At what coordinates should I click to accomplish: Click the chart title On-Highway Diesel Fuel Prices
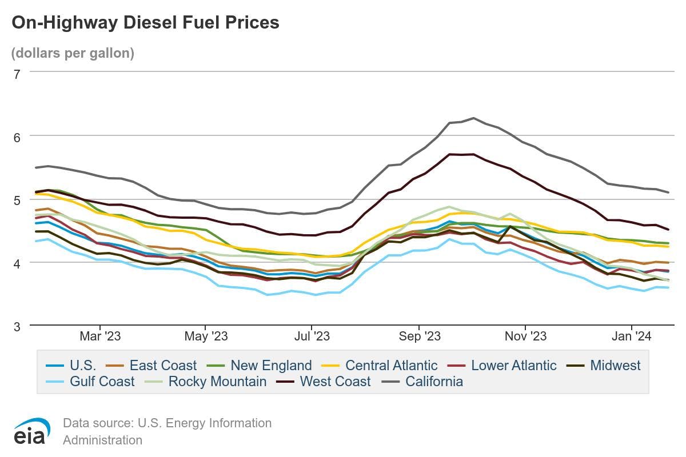pos(145,22)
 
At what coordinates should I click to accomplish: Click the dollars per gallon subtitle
pos(73,53)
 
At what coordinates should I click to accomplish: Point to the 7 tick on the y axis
pos(17,74)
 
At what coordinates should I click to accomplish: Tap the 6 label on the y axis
pos(17,137)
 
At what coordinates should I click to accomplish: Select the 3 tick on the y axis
pos(17,326)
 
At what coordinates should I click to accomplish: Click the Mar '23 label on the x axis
pos(100,336)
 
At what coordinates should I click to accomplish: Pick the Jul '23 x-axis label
pos(312,336)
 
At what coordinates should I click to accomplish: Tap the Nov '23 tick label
pos(525,336)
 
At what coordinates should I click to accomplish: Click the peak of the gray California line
pos(473,118)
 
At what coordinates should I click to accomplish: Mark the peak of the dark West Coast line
pos(473,154)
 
